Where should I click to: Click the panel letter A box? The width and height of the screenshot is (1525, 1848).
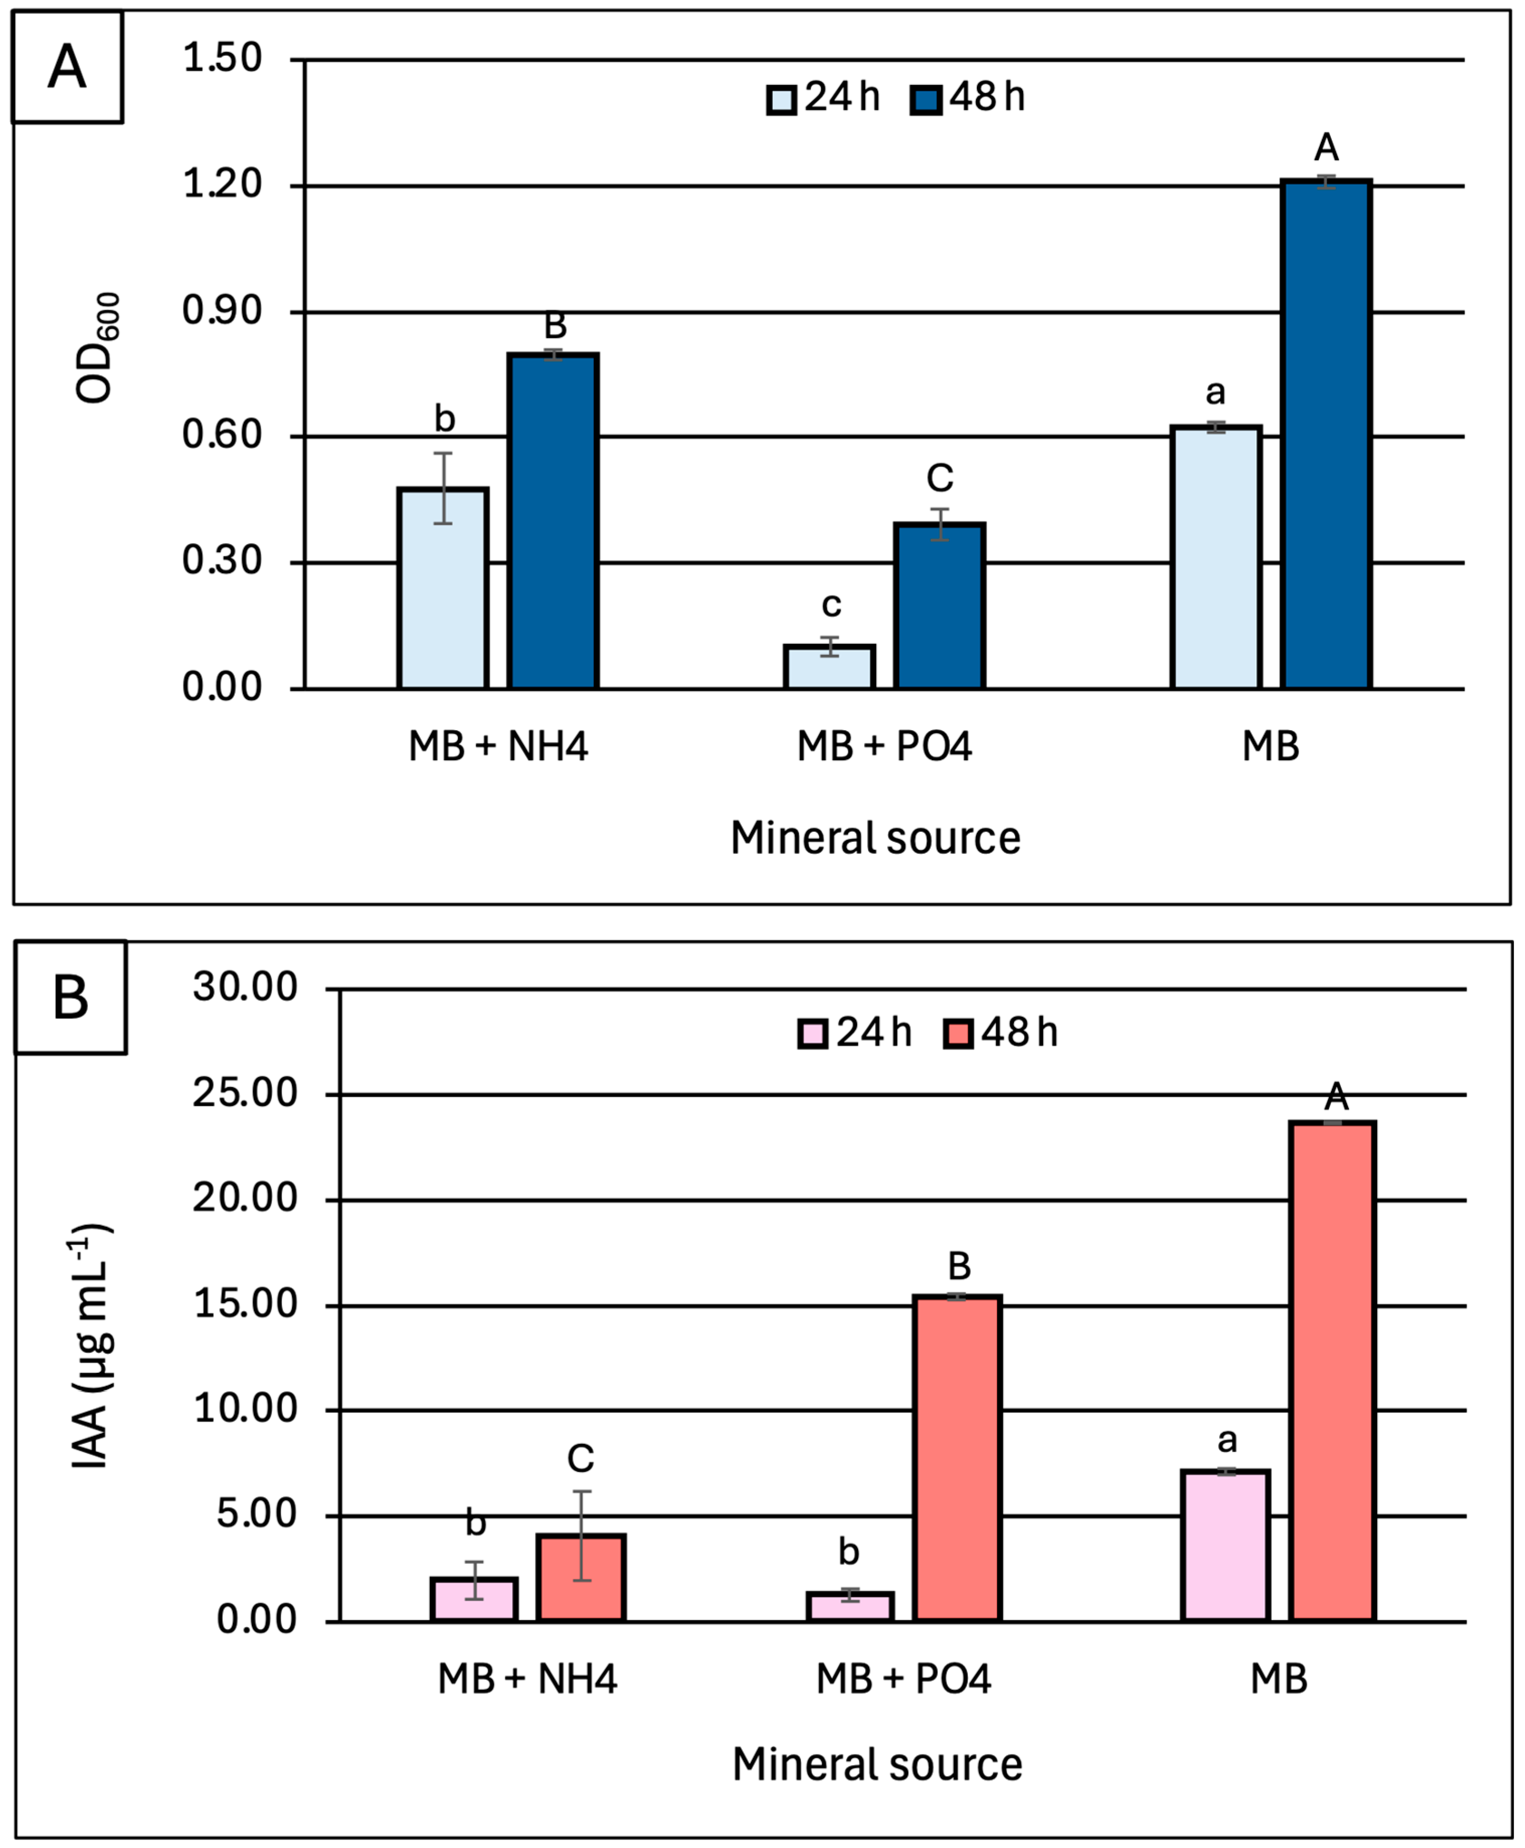67,67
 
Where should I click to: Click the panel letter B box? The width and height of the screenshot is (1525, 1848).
70,997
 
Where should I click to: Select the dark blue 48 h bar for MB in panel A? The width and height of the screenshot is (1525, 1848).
1325,435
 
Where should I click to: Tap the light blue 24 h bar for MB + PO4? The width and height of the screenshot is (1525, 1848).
829,667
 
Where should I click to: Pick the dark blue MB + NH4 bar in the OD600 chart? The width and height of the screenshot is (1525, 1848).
554,521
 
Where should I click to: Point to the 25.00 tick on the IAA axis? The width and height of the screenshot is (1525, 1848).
245,1094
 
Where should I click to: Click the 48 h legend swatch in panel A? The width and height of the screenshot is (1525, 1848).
926,99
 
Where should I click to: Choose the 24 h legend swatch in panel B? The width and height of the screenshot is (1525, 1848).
813,1034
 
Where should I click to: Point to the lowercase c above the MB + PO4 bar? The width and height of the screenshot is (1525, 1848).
831,605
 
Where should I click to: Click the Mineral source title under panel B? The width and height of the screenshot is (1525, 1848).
877,1765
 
